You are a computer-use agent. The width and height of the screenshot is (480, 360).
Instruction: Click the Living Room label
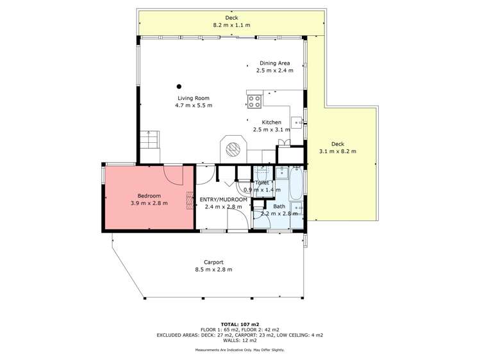(x=194, y=98)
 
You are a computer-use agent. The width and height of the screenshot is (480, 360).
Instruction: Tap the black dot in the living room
(x=179, y=86)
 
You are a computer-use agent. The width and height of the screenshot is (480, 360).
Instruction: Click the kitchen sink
(x=297, y=121)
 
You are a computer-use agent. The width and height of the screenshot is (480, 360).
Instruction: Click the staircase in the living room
(x=149, y=140)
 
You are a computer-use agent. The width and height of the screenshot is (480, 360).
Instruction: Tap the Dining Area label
(x=275, y=63)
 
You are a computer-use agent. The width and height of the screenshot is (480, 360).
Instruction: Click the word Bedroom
(x=149, y=195)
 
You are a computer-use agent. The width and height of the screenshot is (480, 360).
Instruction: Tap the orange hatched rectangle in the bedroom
(x=190, y=200)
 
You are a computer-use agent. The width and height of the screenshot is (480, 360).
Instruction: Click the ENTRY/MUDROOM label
(x=224, y=199)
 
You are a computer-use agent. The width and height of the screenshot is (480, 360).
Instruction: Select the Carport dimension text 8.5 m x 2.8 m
(x=213, y=270)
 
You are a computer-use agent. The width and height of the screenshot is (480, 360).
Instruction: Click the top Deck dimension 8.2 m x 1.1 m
(x=231, y=25)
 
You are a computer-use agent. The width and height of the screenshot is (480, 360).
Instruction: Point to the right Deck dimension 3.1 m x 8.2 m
(x=337, y=151)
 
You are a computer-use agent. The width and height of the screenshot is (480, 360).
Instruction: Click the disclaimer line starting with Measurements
(x=240, y=350)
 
